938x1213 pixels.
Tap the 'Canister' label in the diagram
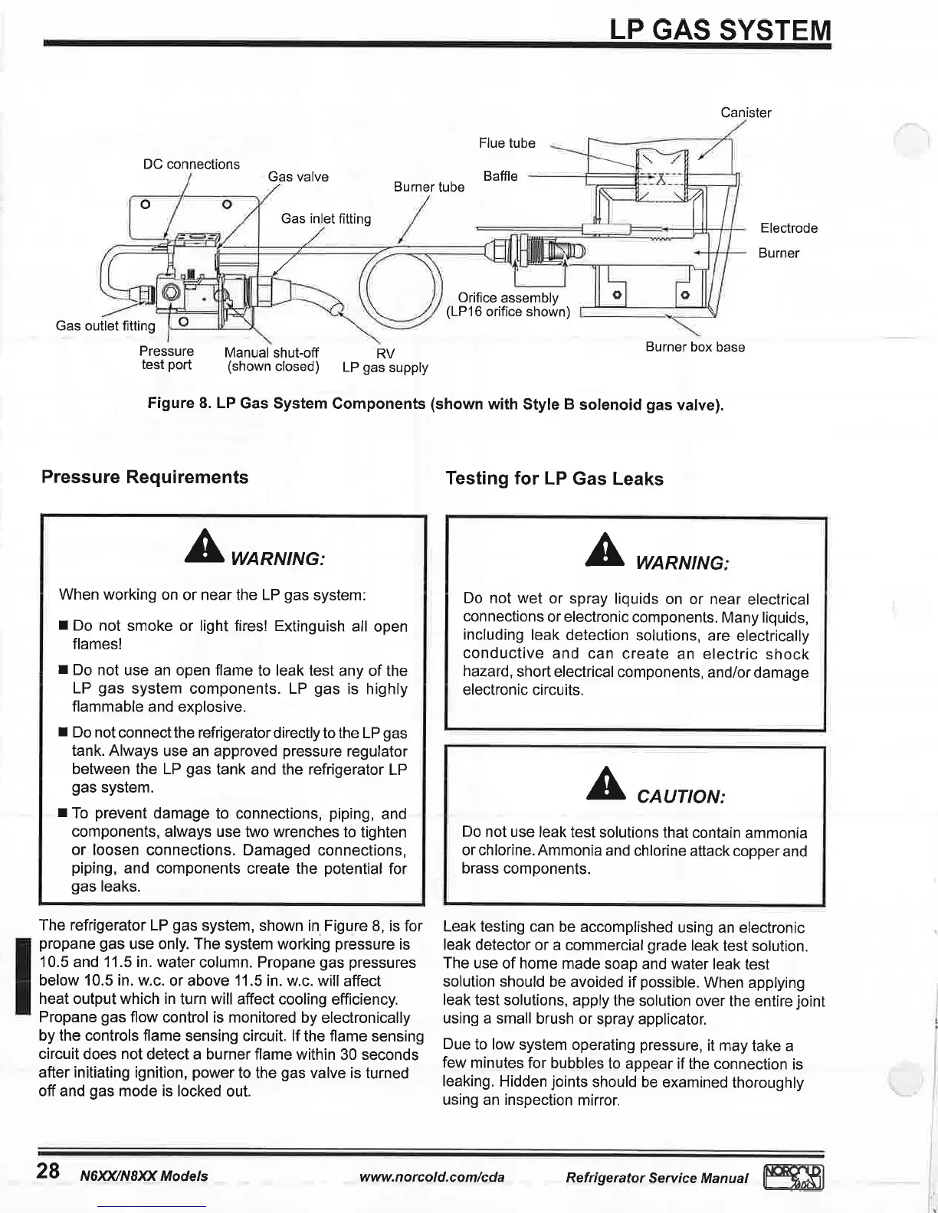(x=745, y=113)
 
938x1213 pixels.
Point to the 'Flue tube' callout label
(x=507, y=143)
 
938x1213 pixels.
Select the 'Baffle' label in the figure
(x=500, y=176)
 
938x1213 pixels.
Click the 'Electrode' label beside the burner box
(x=788, y=228)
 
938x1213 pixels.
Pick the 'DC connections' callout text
(x=191, y=164)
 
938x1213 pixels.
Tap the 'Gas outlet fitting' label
(x=105, y=325)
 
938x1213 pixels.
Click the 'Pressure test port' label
(x=166, y=358)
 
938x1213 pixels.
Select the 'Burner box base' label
(x=694, y=347)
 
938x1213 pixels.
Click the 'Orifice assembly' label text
(x=507, y=298)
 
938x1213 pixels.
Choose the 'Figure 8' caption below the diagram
(x=435, y=404)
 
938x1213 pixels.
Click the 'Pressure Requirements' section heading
(x=145, y=477)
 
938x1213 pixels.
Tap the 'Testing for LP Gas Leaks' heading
(x=554, y=479)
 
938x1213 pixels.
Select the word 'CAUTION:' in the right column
(x=681, y=796)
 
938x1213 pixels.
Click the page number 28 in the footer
(x=48, y=1171)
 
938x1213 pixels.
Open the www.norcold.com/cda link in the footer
(x=431, y=1176)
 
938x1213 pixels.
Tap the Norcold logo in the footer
(x=792, y=1176)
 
